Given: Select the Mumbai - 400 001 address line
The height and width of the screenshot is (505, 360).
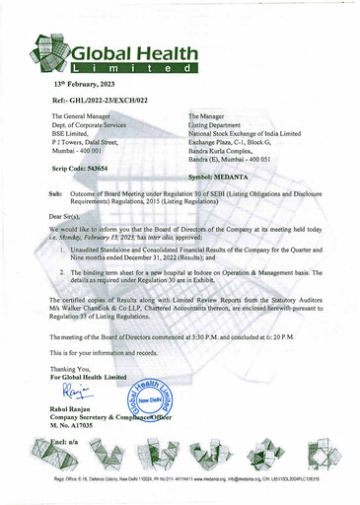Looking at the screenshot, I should click(x=88, y=150).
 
